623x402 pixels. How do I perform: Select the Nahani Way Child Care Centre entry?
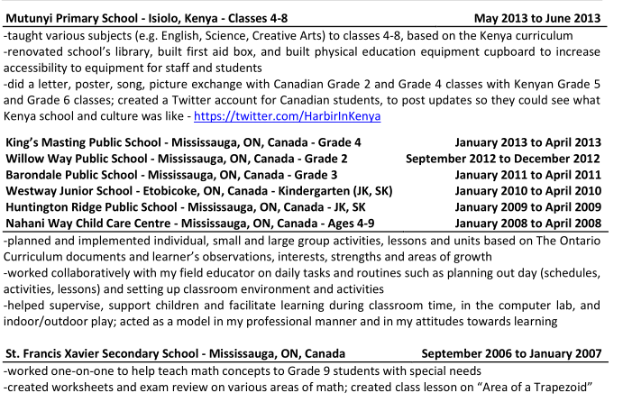(x=196, y=224)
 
